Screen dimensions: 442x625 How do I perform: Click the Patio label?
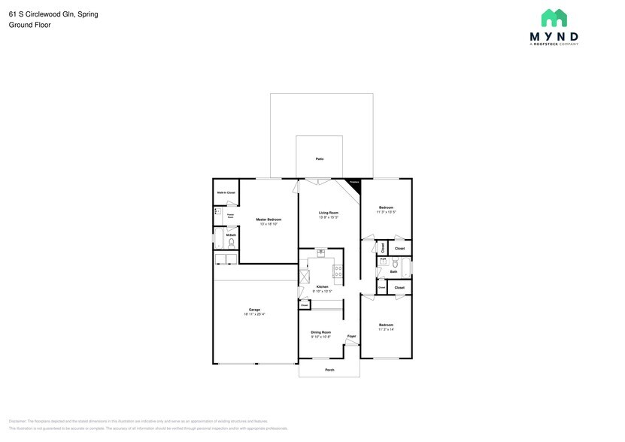(x=319, y=159)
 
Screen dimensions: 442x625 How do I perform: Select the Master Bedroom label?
(x=269, y=219)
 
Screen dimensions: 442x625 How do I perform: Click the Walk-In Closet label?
(x=226, y=193)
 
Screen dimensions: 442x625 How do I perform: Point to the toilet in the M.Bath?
(x=232, y=243)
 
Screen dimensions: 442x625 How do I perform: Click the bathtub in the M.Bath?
(x=226, y=259)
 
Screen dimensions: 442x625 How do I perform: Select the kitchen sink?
(x=320, y=253)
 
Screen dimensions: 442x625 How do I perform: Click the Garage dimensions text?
(x=254, y=314)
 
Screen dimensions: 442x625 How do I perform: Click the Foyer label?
(x=350, y=336)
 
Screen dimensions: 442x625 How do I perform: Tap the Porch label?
(x=329, y=370)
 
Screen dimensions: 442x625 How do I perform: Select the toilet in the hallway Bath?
(x=384, y=263)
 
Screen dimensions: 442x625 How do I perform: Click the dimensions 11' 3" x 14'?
(x=386, y=329)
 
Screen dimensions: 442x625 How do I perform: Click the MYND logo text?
(x=554, y=36)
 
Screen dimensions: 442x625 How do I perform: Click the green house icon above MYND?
(x=554, y=18)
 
